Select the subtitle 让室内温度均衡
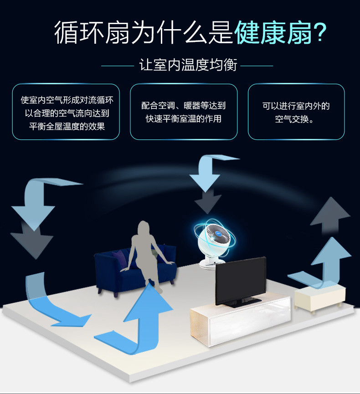[x=188, y=66]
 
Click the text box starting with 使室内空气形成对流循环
[x=66, y=112]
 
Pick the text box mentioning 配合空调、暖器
[x=184, y=112]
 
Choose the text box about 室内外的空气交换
[x=296, y=112]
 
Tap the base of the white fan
[x=209, y=262]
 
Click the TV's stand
[x=239, y=303]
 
